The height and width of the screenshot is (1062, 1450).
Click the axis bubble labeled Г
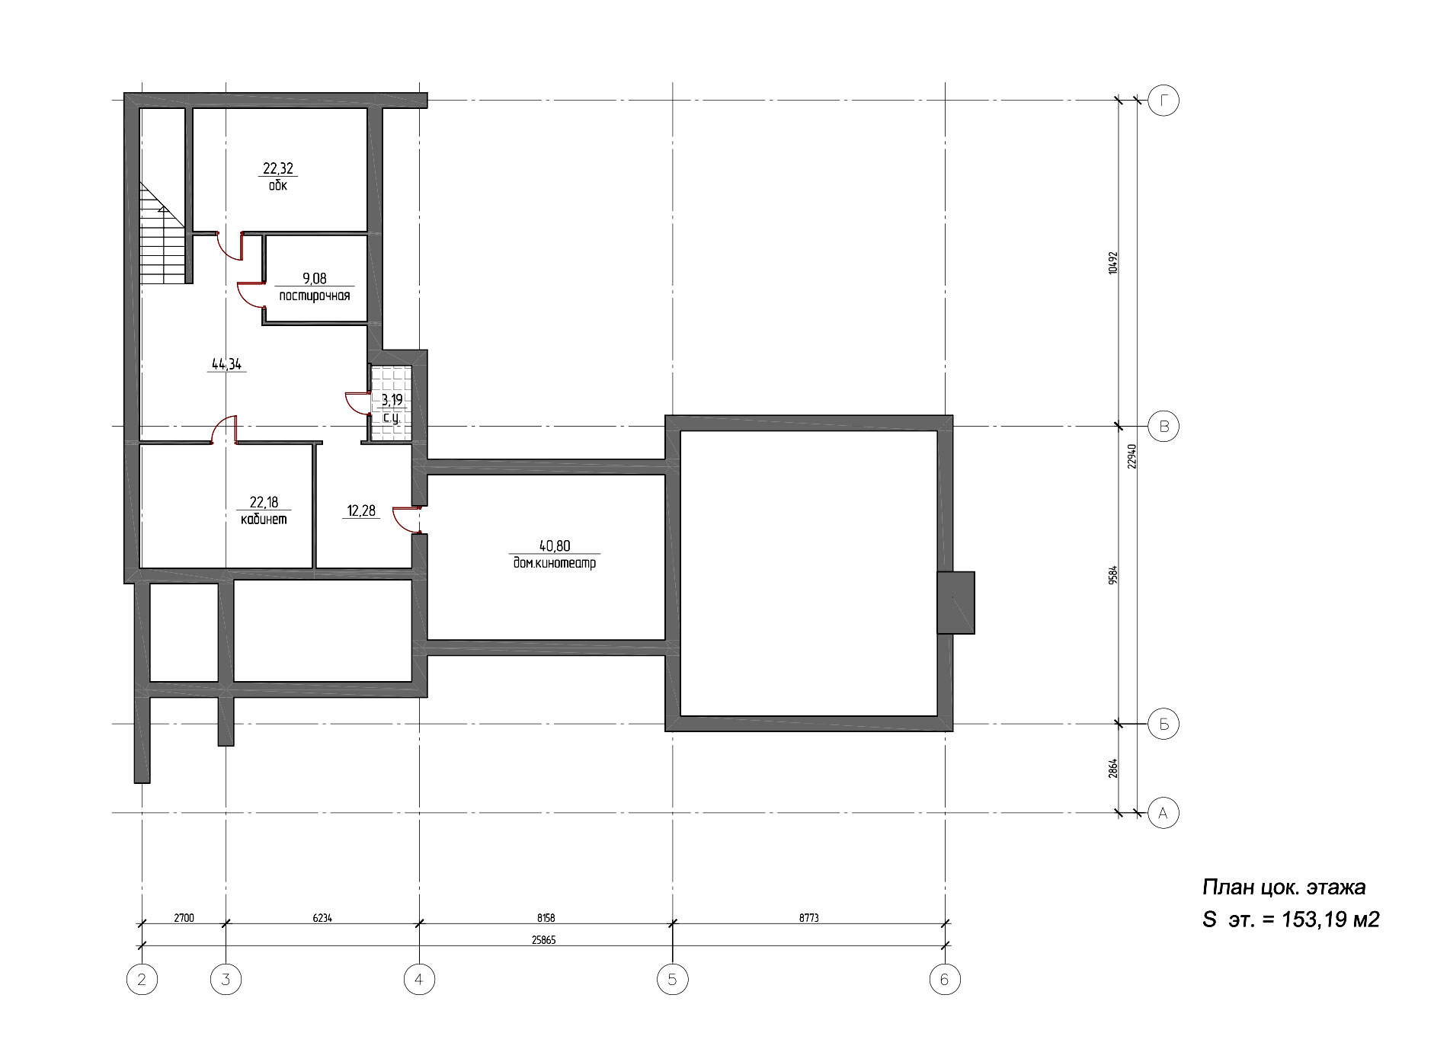[x=1163, y=100]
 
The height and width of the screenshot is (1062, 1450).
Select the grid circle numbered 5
[x=672, y=979]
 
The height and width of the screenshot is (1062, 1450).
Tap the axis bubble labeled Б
[x=1163, y=724]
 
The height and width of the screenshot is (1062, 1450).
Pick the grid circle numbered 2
[x=142, y=979]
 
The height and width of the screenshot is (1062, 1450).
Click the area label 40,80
[x=554, y=545]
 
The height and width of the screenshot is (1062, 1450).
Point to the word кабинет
[x=264, y=520]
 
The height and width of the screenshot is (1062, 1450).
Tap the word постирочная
[x=315, y=296]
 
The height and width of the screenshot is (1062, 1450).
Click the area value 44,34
[x=226, y=364]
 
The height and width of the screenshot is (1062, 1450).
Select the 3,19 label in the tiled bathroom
[x=392, y=400]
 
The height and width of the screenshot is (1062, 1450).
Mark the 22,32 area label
[x=278, y=169]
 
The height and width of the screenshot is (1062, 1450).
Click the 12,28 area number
[x=361, y=511]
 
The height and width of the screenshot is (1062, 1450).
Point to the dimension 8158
[x=546, y=918]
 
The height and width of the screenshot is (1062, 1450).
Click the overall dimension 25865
[x=544, y=940]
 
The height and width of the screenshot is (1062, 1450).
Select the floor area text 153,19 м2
[x=1331, y=920]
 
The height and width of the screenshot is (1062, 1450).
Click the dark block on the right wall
[x=955, y=602]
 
